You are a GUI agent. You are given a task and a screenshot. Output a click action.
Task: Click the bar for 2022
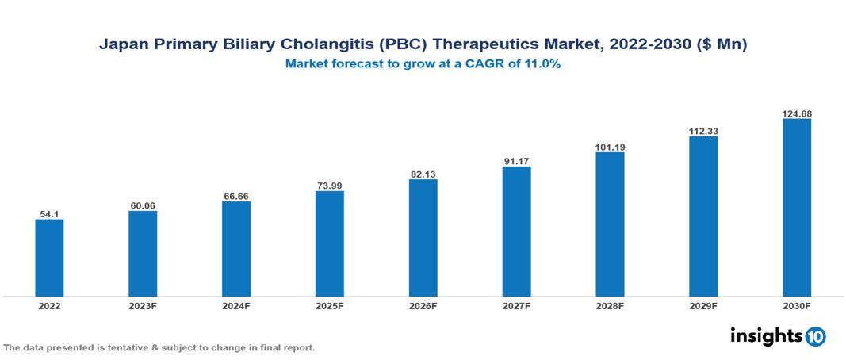click(49, 258)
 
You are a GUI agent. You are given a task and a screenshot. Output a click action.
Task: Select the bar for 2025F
click(329, 243)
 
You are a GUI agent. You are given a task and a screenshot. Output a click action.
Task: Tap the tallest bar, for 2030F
click(796, 208)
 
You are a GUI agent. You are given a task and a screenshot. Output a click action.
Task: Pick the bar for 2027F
click(516, 232)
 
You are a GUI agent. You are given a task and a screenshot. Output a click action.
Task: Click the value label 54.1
click(49, 213)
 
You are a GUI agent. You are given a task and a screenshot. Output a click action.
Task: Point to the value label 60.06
click(143, 205)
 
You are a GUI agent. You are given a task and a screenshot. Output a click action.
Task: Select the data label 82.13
click(423, 174)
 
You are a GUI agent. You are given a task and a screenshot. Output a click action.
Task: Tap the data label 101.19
click(610, 147)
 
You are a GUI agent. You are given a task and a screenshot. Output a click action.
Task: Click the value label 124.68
click(796, 113)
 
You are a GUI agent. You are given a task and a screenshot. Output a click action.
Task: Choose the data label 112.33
click(703, 131)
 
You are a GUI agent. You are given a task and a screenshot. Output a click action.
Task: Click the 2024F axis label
click(236, 305)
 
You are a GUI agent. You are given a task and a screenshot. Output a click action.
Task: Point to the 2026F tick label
click(423, 305)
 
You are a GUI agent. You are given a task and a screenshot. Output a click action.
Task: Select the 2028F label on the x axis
click(610, 305)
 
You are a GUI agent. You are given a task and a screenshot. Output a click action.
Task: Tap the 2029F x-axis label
click(703, 305)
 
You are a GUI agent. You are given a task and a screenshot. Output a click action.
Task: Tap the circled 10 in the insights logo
click(815, 337)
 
